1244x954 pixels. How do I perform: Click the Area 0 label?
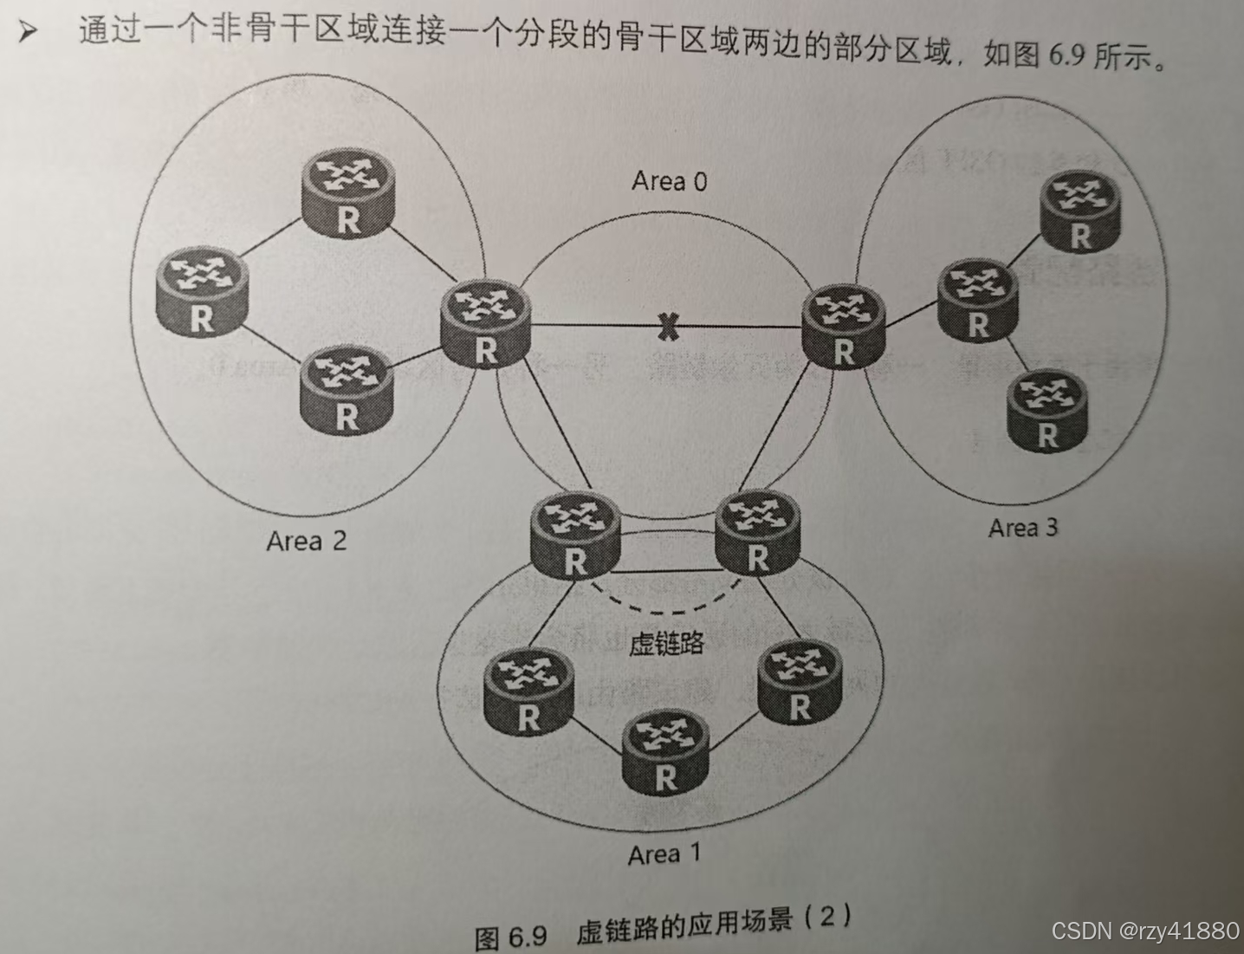[669, 181]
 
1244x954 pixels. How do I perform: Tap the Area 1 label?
[664, 854]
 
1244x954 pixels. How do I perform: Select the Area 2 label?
[306, 542]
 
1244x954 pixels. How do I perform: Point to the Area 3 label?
[1023, 528]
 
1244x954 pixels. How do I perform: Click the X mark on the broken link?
[666, 327]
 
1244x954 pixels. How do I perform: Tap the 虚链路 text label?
[665, 643]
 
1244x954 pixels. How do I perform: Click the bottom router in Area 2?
[346, 391]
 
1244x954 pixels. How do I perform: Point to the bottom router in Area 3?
[1046, 410]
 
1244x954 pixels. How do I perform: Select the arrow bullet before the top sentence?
[29, 33]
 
